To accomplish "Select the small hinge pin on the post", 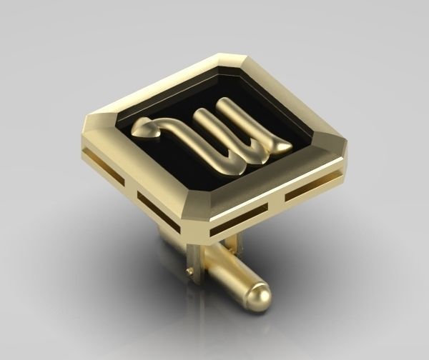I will [x=187, y=272].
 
